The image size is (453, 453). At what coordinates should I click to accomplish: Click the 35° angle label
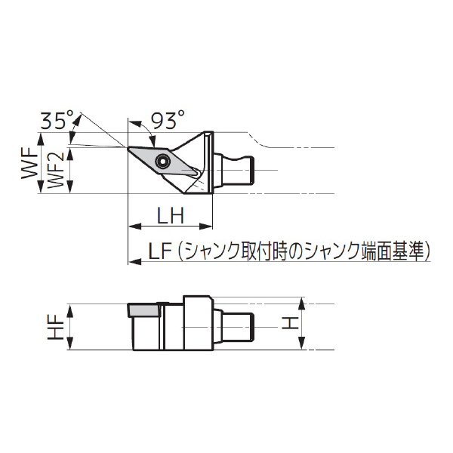coord(58,119)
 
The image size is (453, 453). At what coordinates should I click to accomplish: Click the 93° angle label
coord(167,119)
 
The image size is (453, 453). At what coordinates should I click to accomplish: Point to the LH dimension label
coord(170,216)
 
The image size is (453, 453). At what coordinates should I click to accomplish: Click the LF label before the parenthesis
coord(160,251)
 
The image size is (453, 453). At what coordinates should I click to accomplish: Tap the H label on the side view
coord(288,325)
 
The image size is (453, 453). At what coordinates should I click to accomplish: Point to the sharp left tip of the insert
coord(128,147)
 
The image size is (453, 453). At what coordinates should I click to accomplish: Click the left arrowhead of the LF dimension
coord(133,261)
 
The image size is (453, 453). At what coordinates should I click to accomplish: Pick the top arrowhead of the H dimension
coord(303,303)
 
